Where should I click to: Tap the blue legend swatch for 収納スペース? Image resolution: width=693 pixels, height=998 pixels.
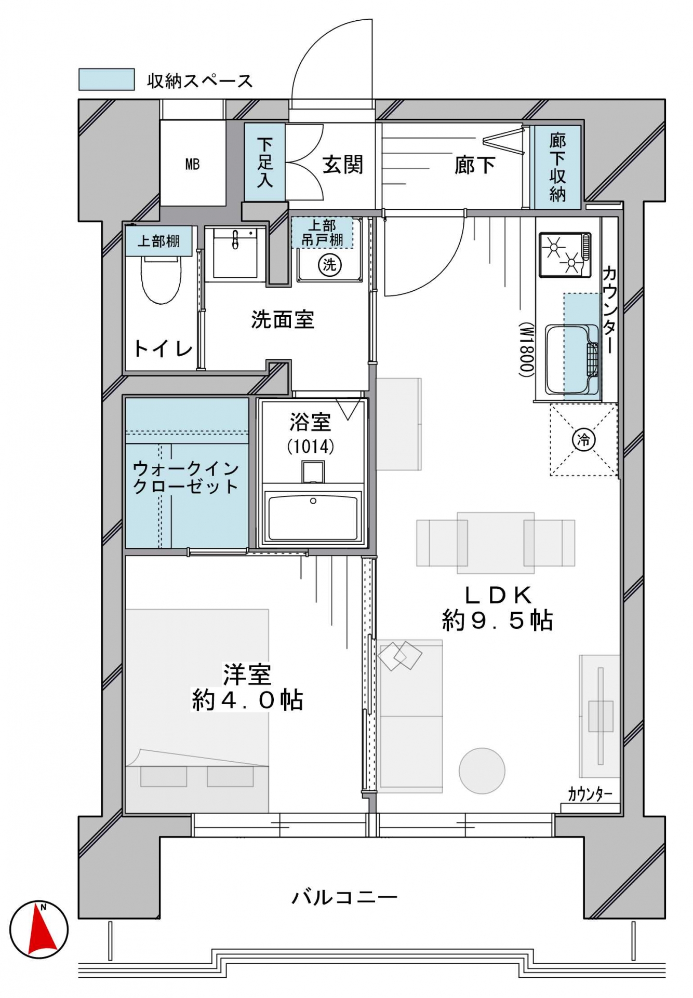pyautogui.click(x=106, y=79)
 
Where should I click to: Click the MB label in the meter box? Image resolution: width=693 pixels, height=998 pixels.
pyautogui.click(x=192, y=165)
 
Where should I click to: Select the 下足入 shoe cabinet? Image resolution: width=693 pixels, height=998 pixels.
pyautogui.click(x=264, y=162)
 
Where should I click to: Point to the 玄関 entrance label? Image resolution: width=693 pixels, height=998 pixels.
pyautogui.click(x=343, y=165)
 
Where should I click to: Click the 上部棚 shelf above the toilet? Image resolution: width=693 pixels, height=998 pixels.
pyautogui.click(x=158, y=241)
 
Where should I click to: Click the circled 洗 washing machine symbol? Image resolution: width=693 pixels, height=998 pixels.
pyautogui.click(x=330, y=265)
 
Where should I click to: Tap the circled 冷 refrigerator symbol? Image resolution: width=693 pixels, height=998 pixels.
pyautogui.click(x=583, y=440)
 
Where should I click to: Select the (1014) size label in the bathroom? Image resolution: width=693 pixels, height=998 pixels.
pyautogui.click(x=311, y=446)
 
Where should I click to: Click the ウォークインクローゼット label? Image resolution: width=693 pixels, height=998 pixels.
pyautogui.click(x=185, y=477)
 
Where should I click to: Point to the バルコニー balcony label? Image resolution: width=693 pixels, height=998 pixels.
pyautogui.click(x=344, y=897)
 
